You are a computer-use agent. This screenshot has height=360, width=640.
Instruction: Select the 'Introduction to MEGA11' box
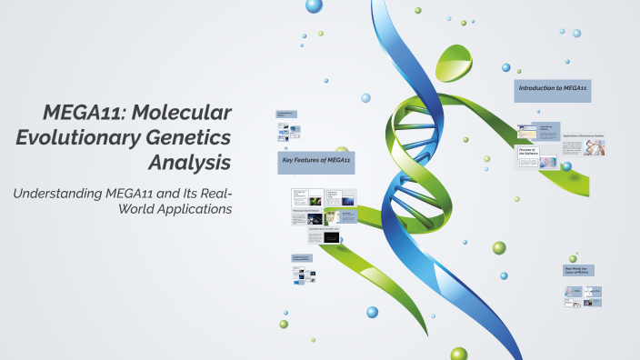[x=552, y=89]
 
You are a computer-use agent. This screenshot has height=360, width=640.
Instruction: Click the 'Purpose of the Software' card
[x=527, y=153]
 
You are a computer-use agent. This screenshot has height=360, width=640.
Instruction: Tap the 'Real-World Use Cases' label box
[x=578, y=271]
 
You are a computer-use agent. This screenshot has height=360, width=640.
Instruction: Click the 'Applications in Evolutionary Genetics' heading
[x=583, y=135]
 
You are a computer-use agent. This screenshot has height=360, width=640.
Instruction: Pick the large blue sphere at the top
[x=314, y=6]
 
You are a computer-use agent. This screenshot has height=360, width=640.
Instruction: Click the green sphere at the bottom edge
[x=458, y=355]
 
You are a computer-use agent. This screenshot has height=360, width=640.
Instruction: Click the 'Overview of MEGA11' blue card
[x=545, y=131]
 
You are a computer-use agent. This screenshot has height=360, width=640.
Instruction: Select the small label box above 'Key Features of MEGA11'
[x=285, y=115]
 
